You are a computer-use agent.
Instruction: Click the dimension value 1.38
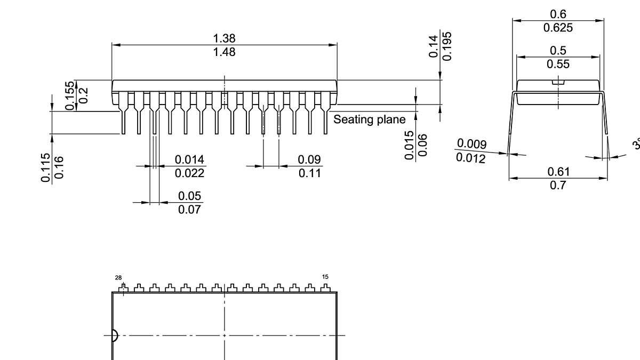(224, 38)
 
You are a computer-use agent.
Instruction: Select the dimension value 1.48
(224, 52)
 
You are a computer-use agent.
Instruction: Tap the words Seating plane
(370, 119)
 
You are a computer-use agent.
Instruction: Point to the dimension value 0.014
(190, 159)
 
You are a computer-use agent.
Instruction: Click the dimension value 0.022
(190, 173)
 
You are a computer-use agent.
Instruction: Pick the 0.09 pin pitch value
(309, 159)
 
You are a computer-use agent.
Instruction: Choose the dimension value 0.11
(309, 173)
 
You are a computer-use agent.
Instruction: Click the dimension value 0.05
(190, 196)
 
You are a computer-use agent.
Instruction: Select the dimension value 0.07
(190, 210)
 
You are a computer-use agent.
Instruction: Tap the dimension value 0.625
(558, 28)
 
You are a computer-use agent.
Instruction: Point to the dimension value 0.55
(558, 64)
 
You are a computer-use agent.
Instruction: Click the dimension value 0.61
(558, 171)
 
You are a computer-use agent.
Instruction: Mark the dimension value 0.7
(558, 185)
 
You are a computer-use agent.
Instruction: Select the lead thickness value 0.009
(472, 143)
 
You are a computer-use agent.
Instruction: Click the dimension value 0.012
(471, 158)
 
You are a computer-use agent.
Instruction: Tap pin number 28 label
(118, 277)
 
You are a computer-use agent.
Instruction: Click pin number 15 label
(325, 277)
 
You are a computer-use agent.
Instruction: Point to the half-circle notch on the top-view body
(115, 335)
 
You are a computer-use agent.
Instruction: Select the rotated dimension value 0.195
(447, 46)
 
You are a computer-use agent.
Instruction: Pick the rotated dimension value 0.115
(45, 167)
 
